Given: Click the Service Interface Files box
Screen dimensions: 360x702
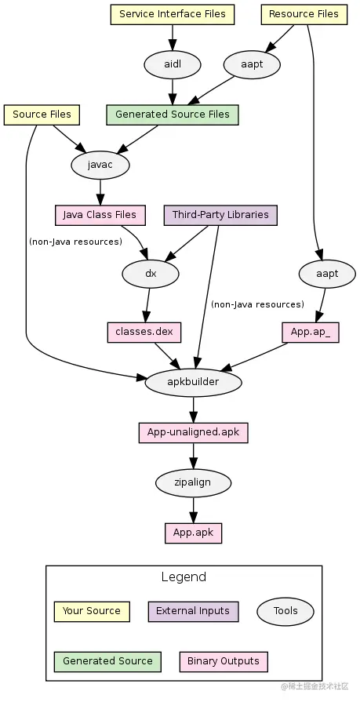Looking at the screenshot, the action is click(173, 14).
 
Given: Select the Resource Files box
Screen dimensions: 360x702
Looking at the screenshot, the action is click(304, 14).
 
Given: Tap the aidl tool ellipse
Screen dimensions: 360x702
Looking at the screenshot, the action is click(173, 64).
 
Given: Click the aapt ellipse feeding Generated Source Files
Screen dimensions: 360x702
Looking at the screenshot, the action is click(252, 64).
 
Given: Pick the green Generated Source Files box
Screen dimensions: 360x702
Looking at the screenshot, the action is click(173, 115).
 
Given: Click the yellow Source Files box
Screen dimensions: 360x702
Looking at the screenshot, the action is click(42, 115).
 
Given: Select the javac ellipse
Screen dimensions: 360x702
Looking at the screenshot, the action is click(100, 165).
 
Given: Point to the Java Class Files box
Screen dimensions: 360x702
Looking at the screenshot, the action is click(100, 215).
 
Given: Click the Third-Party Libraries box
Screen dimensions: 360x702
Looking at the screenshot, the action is click(220, 215).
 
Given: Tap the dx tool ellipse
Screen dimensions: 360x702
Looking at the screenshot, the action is click(151, 274).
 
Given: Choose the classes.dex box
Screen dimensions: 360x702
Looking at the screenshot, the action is click(144, 333).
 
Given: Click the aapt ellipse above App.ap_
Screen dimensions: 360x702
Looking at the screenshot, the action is click(327, 274).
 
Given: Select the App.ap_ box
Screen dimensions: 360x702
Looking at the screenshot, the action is click(311, 333).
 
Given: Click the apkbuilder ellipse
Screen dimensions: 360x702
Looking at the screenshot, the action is click(194, 382).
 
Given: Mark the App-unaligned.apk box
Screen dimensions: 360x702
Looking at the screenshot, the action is click(194, 433).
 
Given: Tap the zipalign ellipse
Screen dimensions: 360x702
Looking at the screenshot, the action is click(194, 483).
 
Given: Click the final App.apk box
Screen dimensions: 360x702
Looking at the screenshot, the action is click(194, 533).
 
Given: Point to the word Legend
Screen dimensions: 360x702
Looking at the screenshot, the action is click(184, 577).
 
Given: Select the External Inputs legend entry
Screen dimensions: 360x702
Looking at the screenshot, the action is click(193, 612).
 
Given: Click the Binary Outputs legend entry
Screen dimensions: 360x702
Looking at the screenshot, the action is click(224, 662).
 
